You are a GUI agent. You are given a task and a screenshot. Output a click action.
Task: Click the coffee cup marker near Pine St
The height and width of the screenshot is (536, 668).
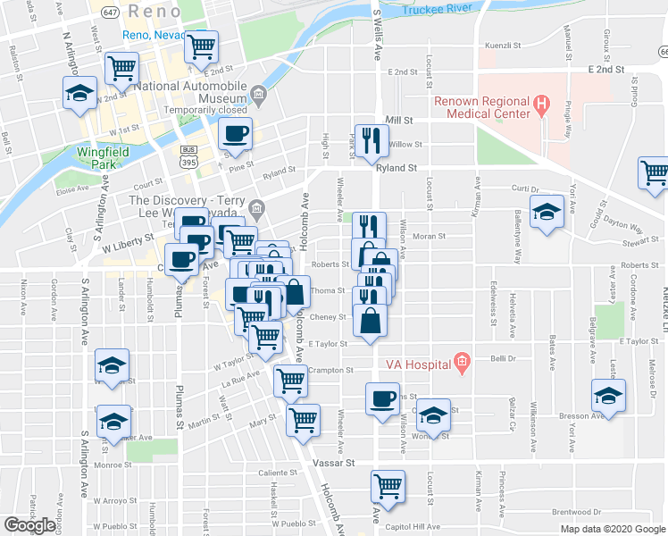click(235, 135)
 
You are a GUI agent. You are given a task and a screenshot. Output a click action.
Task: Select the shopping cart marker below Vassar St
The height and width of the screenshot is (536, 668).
click(388, 487)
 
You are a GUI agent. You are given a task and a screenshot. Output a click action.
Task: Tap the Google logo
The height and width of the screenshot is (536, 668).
click(29, 524)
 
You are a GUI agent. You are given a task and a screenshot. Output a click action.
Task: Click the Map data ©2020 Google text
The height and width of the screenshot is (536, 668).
click(613, 529)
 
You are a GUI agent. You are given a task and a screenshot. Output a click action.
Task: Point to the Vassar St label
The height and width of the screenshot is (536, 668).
click(336, 464)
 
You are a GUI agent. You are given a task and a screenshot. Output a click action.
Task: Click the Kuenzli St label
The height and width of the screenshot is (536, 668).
click(502, 44)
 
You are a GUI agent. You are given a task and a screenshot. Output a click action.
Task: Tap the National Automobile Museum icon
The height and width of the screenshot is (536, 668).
click(258, 94)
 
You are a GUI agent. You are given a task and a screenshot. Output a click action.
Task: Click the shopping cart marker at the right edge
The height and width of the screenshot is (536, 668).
click(655, 173)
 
